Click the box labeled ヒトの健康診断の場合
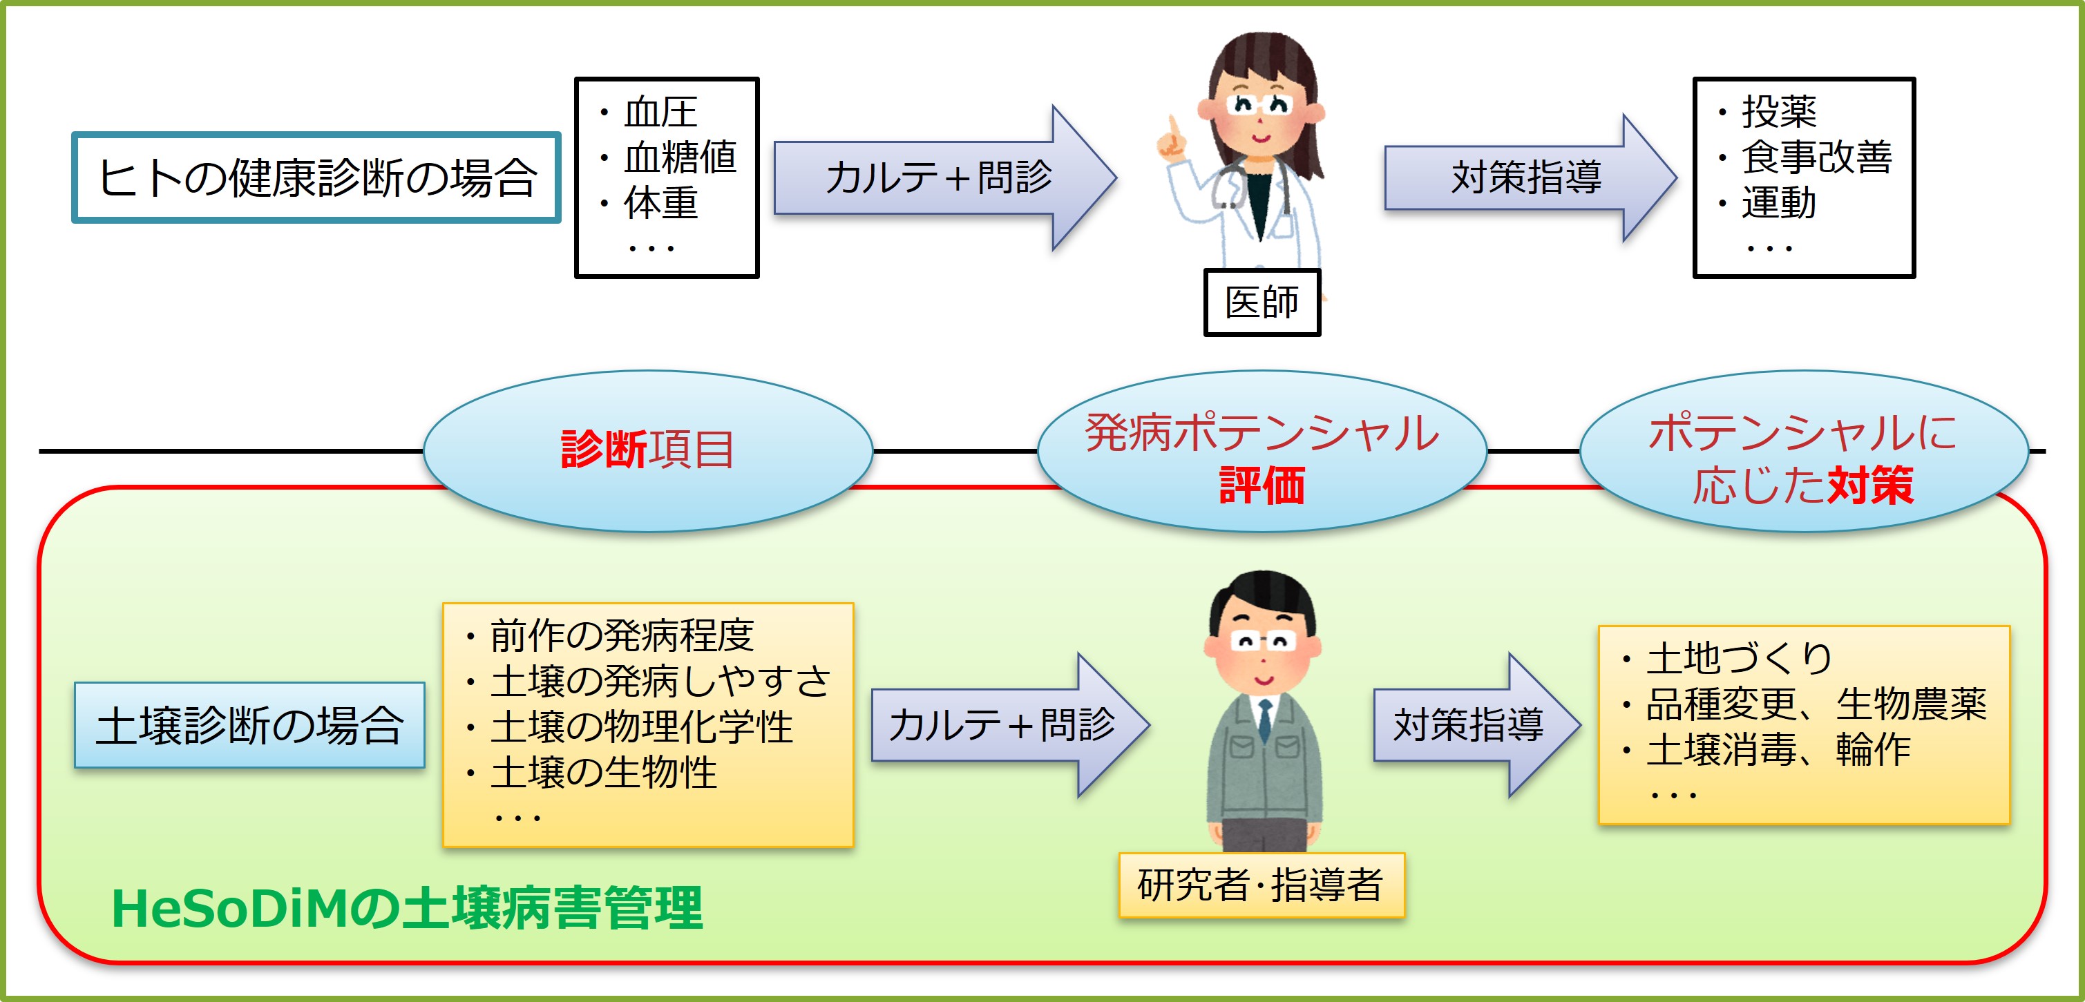(x=316, y=177)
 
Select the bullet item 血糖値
(x=679, y=157)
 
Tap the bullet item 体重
(x=660, y=203)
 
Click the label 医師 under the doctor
(x=1261, y=302)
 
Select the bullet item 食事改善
(x=1816, y=157)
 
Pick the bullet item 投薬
(x=1779, y=112)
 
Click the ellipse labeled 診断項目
(x=647, y=450)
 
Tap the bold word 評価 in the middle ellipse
(x=1262, y=485)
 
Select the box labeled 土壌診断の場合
(x=249, y=725)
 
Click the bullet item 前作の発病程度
(x=622, y=635)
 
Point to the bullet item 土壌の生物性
(x=604, y=772)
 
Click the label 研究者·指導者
(x=1260, y=885)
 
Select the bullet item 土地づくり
(x=1739, y=658)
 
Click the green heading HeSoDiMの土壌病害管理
(x=406, y=909)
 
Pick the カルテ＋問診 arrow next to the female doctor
(x=939, y=177)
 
